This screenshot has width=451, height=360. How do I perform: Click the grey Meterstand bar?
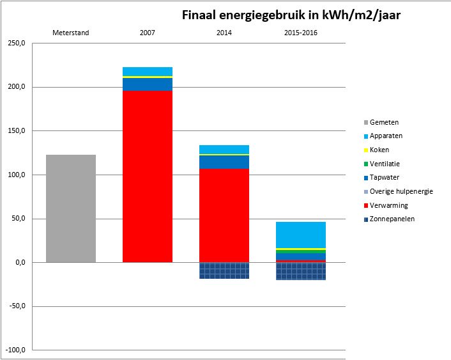click(x=71, y=208)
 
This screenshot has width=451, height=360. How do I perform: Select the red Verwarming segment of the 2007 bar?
click(x=148, y=176)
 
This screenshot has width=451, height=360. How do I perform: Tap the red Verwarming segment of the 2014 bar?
click(x=224, y=215)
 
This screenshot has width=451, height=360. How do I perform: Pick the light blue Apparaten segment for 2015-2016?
click(x=301, y=235)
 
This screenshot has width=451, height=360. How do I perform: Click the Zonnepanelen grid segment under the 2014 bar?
click(x=224, y=270)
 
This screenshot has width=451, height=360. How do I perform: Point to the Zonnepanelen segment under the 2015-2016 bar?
click(x=301, y=271)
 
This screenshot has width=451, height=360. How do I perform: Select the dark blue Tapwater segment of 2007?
click(x=148, y=84)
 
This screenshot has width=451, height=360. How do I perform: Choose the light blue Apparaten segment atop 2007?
click(x=148, y=72)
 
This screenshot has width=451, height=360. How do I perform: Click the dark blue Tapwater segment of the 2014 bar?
click(x=224, y=162)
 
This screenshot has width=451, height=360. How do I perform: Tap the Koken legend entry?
click(x=376, y=150)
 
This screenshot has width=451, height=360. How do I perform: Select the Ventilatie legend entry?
click(x=382, y=164)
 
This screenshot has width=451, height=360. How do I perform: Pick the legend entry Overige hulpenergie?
click(x=399, y=192)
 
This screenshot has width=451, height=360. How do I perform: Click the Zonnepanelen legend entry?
click(x=390, y=219)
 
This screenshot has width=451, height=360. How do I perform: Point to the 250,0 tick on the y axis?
click(x=17, y=43)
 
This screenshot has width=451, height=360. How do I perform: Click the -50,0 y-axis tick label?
click(x=17, y=306)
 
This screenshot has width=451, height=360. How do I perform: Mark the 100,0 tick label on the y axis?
click(x=17, y=175)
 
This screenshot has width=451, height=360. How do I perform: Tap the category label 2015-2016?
click(x=301, y=33)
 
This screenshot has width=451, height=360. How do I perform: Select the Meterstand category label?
click(x=71, y=33)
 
